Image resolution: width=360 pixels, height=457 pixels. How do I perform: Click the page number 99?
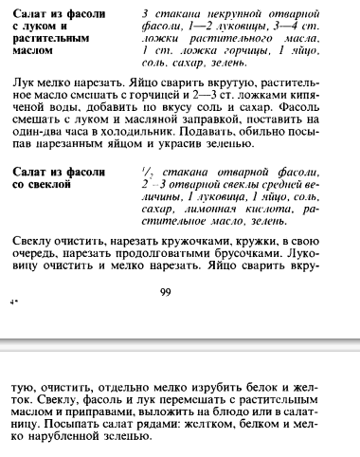point(165,292)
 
